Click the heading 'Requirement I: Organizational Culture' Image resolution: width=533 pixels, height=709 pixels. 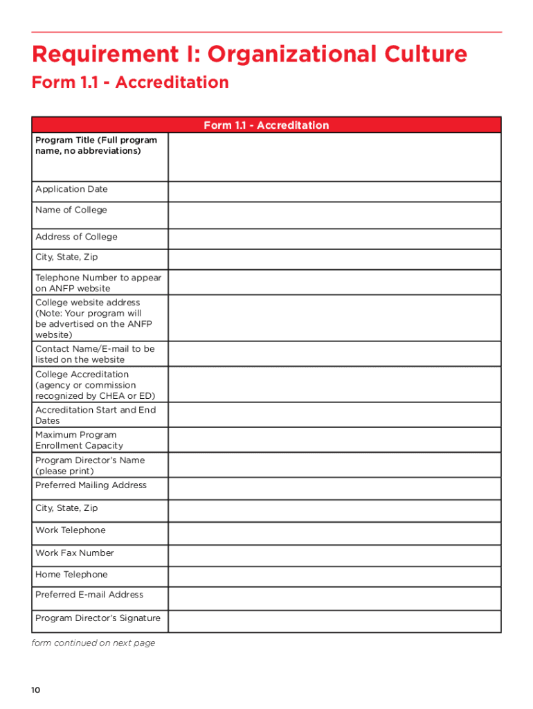[x=249, y=54]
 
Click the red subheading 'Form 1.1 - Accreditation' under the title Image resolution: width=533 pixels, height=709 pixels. [x=130, y=82]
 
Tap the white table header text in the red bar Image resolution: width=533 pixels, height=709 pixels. [x=266, y=125]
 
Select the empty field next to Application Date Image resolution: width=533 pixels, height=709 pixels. [x=334, y=192]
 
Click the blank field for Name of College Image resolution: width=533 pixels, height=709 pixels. [x=334, y=215]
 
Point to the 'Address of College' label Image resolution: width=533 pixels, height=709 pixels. [x=76, y=237]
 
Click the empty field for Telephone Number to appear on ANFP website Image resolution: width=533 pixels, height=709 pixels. [x=334, y=282]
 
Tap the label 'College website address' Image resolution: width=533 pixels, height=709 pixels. [x=87, y=303]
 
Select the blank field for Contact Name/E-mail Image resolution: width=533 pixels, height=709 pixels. [x=334, y=354]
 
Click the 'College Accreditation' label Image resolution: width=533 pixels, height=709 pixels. [x=82, y=375]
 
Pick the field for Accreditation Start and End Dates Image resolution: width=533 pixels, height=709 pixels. [x=334, y=415]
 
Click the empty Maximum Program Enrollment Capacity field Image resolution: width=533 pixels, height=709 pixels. [x=334, y=440]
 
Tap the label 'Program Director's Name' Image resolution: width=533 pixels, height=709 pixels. [x=90, y=460]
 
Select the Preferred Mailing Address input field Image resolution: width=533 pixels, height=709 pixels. [x=334, y=489]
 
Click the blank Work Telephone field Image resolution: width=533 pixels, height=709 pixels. [x=334, y=533]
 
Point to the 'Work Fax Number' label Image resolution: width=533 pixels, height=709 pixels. [x=75, y=553]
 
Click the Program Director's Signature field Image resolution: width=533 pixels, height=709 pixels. [x=334, y=621]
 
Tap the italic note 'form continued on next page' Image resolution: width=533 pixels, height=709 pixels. [x=93, y=643]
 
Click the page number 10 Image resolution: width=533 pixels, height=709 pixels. [x=36, y=690]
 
